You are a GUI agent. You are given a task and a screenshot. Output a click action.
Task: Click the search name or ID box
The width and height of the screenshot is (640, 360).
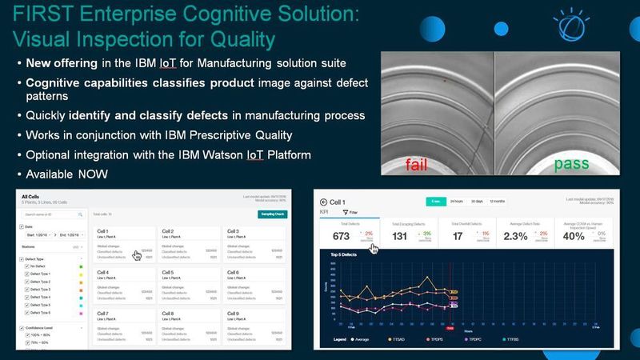52,214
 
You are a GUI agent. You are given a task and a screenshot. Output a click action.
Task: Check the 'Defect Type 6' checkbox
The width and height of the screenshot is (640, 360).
27,312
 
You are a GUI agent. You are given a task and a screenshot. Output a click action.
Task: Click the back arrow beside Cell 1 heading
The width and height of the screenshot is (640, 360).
322,202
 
